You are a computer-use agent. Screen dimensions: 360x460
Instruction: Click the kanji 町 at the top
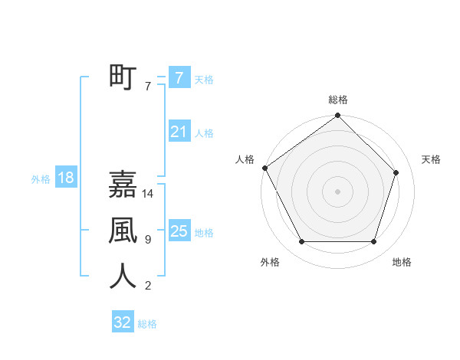tap(123, 77)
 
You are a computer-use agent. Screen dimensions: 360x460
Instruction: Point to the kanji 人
tap(123, 277)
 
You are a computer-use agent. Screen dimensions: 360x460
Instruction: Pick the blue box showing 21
tap(179, 132)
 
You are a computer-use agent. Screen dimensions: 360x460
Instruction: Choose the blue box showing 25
tap(179, 231)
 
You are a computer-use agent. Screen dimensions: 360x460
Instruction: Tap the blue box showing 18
tap(65, 178)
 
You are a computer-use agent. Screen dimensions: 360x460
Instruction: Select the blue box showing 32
tap(123, 322)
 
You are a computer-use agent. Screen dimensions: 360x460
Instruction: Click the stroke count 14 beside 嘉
tap(149, 195)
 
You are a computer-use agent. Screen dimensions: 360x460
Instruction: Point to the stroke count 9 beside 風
tap(148, 240)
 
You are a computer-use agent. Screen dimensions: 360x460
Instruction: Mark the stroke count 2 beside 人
tap(148, 286)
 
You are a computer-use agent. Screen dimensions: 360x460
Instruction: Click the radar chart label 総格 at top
tap(338, 100)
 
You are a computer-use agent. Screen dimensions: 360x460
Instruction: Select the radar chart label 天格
tap(432, 159)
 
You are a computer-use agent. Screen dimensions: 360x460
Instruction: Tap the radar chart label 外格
tap(270, 262)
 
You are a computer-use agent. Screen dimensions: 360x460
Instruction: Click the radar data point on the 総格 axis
tap(338, 116)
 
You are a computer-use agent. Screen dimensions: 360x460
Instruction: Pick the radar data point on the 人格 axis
tap(264, 168)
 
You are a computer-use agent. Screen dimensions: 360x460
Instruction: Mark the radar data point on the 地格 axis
tap(374, 242)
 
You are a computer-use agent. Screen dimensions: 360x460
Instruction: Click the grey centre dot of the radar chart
tap(338, 191)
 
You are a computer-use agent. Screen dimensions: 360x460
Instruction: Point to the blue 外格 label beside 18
tap(41, 179)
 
